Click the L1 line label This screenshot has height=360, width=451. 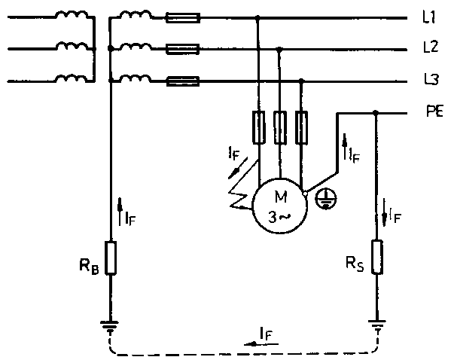coord(429,17)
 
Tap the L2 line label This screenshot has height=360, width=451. coord(431,47)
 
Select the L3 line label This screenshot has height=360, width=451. coord(431,79)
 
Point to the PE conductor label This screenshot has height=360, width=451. coord(434,111)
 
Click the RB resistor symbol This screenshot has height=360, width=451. coord(111,258)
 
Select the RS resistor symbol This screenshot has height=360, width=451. coord(376,257)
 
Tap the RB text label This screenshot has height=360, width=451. coord(89,267)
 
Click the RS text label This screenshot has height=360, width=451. coord(355,264)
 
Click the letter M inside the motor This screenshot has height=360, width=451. coord(280,197)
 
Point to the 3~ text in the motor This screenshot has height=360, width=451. coord(279,217)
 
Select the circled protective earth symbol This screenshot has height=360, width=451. coord(326,199)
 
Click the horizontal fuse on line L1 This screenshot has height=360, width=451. coord(183,18)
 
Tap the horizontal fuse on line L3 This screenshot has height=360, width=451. coord(183,81)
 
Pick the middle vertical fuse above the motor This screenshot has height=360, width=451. coord(280,127)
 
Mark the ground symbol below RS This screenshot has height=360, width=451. coord(376,326)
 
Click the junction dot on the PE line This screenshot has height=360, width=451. coord(376,112)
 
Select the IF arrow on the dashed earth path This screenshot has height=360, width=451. coord(261,343)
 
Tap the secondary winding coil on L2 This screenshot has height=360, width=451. coord(135,47)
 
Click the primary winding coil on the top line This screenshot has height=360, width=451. coord(72,14)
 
